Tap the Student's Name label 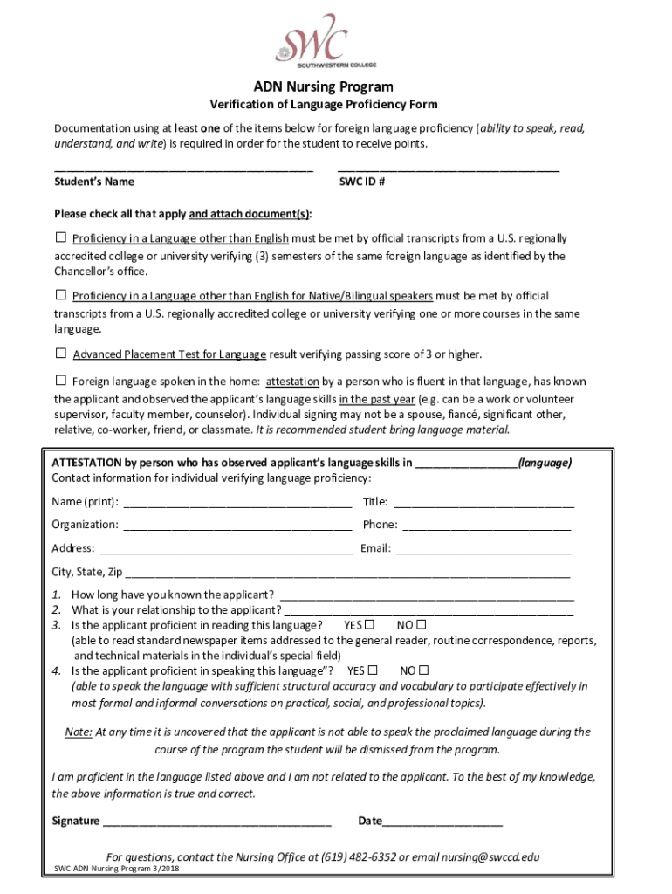(x=94, y=182)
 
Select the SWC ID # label (x=362, y=182)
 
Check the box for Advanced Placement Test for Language (x=61, y=354)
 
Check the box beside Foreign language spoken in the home (x=61, y=381)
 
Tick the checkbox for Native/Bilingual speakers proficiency (x=61, y=295)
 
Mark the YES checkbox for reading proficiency (x=370, y=625)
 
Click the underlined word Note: (x=79, y=732)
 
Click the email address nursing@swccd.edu (x=477, y=856)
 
